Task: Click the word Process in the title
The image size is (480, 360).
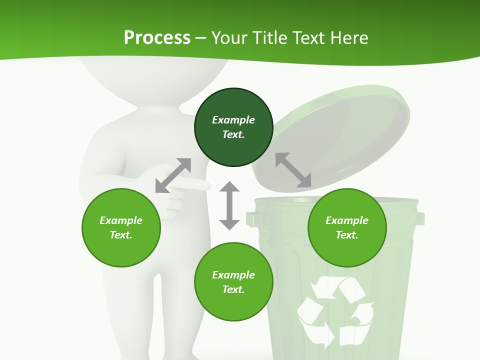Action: click(x=157, y=38)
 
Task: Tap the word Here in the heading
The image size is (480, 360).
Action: click(x=348, y=38)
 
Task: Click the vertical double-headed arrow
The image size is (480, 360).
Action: click(x=229, y=205)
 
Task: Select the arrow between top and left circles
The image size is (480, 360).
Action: click(x=173, y=175)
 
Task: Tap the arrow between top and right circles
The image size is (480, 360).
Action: click(x=293, y=170)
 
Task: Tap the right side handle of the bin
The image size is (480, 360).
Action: click(x=420, y=218)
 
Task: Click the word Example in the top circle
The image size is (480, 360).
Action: click(x=233, y=120)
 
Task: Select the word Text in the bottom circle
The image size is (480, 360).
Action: click(x=233, y=289)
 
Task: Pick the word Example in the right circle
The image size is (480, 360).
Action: click(x=347, y=220)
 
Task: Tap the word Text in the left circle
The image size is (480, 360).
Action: click(x=120, y=235)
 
